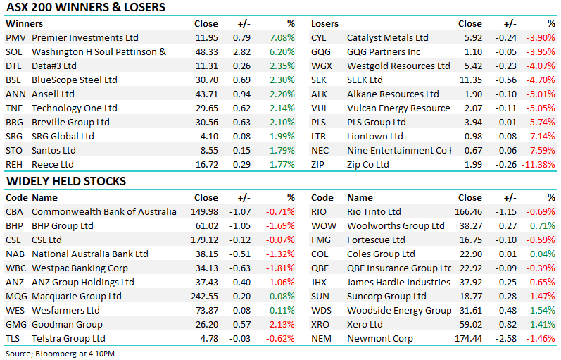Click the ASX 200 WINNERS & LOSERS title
86,7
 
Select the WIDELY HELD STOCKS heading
66,181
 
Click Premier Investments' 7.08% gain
282,37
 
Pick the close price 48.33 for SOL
206,52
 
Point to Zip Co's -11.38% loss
538,165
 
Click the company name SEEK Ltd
365,80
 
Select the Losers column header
324,24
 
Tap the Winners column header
25,24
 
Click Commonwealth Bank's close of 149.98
204,211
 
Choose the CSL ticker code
13,240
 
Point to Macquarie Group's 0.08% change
282,296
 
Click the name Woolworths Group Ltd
396,226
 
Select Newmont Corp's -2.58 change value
506,338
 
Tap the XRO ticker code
320,325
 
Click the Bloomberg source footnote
60,354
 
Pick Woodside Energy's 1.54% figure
543,311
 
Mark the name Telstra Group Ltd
68,338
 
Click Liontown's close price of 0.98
473,137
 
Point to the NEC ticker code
320,151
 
